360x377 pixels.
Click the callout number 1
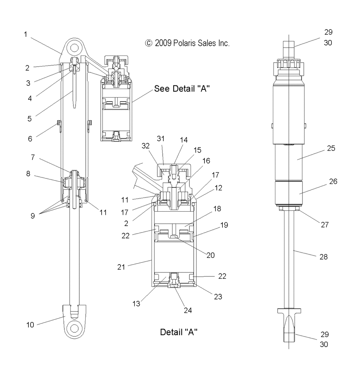pos(26,34)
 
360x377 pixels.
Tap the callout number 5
pos(29,119)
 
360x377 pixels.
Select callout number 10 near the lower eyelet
pos(30,325)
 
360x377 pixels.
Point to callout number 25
pos(331,148)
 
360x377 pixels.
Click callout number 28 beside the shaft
pos(324,257)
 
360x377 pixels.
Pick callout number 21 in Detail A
pos(121,267)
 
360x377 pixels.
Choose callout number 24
pos(188,310)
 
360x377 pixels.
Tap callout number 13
pos(136,304)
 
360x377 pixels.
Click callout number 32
pos(145,146)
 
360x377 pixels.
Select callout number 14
pos(184,140)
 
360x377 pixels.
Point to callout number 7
pos(33,157)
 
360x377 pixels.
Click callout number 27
pos(325,225)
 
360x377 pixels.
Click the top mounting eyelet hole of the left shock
pos(75,48)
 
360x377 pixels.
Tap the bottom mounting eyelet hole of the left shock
pos(75,328)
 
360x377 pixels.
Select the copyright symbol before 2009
pos(149,43)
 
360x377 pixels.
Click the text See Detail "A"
pos(182,88)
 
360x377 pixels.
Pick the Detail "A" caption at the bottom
pos(179,332)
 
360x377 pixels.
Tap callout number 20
pos(210,255)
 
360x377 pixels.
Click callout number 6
pos(30,139)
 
